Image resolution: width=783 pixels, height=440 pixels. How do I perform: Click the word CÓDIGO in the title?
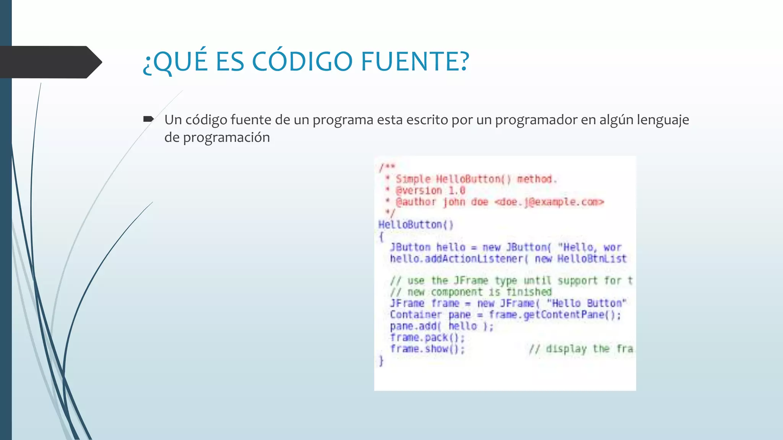tap(302, 62)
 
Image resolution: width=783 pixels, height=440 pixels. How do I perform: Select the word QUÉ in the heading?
tap(180, 62)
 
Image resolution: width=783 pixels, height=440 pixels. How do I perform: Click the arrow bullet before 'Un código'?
tap(148, 120)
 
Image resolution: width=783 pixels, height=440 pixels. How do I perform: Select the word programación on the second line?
tap(226, 137)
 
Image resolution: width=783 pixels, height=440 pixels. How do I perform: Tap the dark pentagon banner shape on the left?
tap(50, 62)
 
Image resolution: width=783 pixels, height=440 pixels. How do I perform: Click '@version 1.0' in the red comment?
tap(430, 191)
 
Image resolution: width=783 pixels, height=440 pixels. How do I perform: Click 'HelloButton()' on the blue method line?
tap(416, 225)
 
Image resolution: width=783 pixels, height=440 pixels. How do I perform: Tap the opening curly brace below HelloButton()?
tap(381, 237)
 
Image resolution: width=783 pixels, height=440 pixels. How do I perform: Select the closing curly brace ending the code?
tap(381, 361)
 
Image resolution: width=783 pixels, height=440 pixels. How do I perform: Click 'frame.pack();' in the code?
tap(427, 338)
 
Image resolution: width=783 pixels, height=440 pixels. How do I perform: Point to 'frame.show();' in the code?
tap(427, 349)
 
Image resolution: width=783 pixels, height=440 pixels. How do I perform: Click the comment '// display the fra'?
tap(580, 349)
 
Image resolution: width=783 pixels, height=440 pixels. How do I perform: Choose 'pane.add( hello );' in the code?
tap(442, 326)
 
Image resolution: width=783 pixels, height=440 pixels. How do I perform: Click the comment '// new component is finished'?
tap(471, 292)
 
